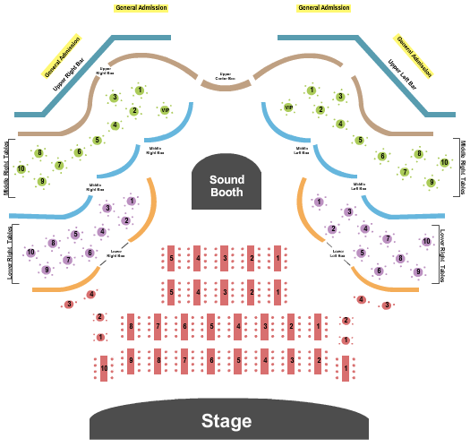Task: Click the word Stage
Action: pos(226,421)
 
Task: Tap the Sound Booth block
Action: pos(226,185)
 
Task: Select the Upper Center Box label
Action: pos(226,76)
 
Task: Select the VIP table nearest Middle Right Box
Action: pos(165,109)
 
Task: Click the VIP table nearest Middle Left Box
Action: pos(288,107)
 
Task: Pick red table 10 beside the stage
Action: pos(104,368)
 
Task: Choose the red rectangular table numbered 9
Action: pos(131,361)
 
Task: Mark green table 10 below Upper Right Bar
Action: pos(21,168)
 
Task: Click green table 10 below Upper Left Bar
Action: pos(444,162)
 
